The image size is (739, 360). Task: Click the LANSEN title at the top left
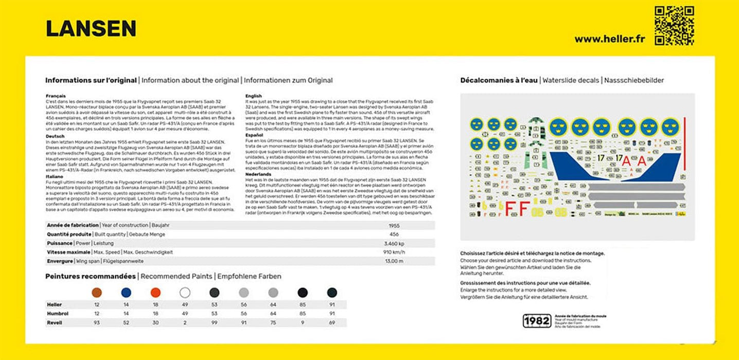(91, 29)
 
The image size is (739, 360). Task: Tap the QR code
(674, 26)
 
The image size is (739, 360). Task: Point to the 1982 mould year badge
(536, 320)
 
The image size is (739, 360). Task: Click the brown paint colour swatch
(96, 293)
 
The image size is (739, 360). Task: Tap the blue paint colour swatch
(126, 293)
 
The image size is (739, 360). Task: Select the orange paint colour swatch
(155, 293)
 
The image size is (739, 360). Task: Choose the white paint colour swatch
(185, 293)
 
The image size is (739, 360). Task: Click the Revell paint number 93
(96, 322)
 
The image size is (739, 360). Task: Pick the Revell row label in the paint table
(54, 322)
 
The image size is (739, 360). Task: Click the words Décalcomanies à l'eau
(499, 80)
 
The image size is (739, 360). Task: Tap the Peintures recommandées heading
(91, 276)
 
